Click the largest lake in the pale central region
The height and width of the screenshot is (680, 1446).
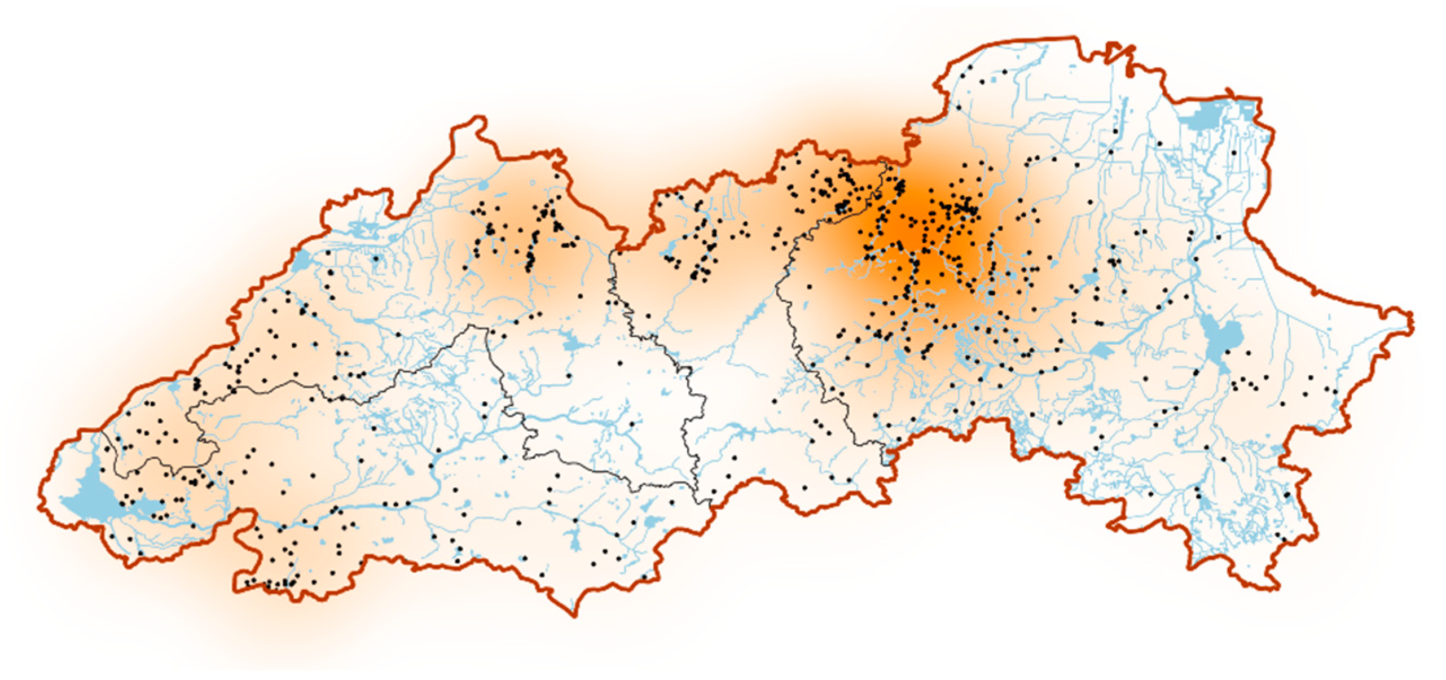tap(572, 342)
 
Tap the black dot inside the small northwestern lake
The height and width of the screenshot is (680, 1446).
tap(376, 258)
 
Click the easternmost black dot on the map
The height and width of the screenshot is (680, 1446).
tap(1335, 391)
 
